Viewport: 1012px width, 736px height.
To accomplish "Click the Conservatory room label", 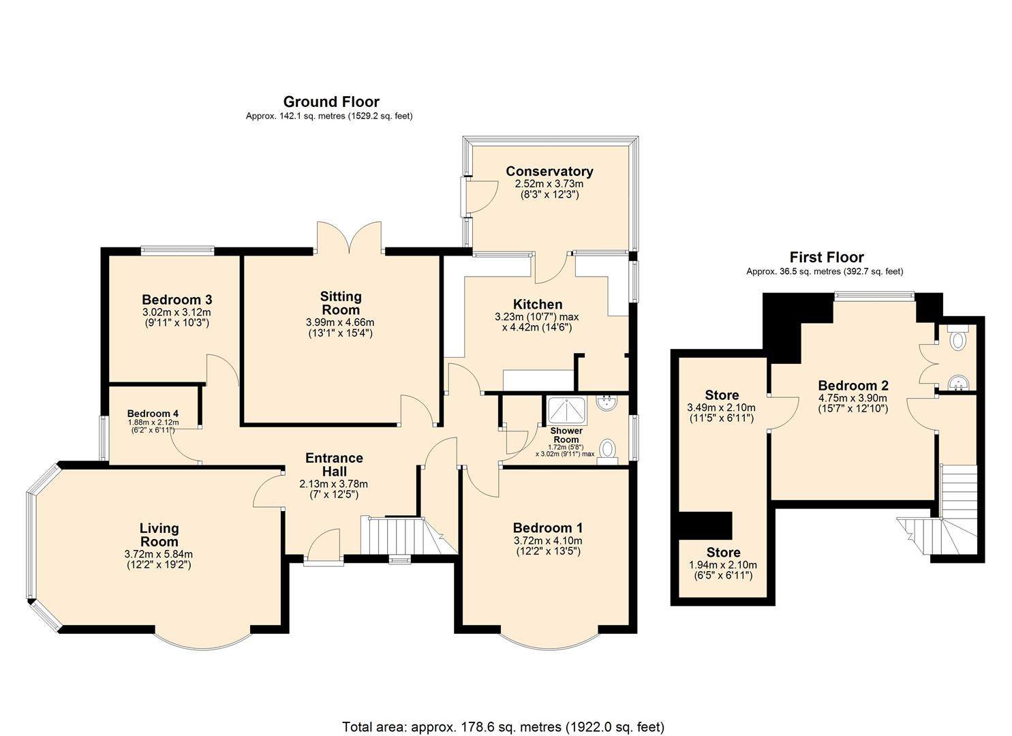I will point(549,171).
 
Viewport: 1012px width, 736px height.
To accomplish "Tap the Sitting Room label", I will point(341,303).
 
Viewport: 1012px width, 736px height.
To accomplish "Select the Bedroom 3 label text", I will point(177,299).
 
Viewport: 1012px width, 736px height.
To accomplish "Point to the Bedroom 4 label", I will point(153,414).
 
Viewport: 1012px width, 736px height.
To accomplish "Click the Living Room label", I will point(159,534).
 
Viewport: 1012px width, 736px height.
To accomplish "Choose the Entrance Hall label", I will point(334,464).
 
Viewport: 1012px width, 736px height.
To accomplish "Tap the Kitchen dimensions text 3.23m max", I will point(537,316).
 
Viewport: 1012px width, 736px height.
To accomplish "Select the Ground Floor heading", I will point(331,102).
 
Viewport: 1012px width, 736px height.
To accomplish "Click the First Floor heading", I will point(826,258).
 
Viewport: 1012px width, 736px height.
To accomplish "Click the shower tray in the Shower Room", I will point(567,410).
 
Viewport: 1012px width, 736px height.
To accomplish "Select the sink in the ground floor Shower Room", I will point(605,403).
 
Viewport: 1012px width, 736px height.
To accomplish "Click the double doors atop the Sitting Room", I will point(349,239).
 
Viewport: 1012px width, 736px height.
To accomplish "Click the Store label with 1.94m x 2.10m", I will point(723,553).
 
